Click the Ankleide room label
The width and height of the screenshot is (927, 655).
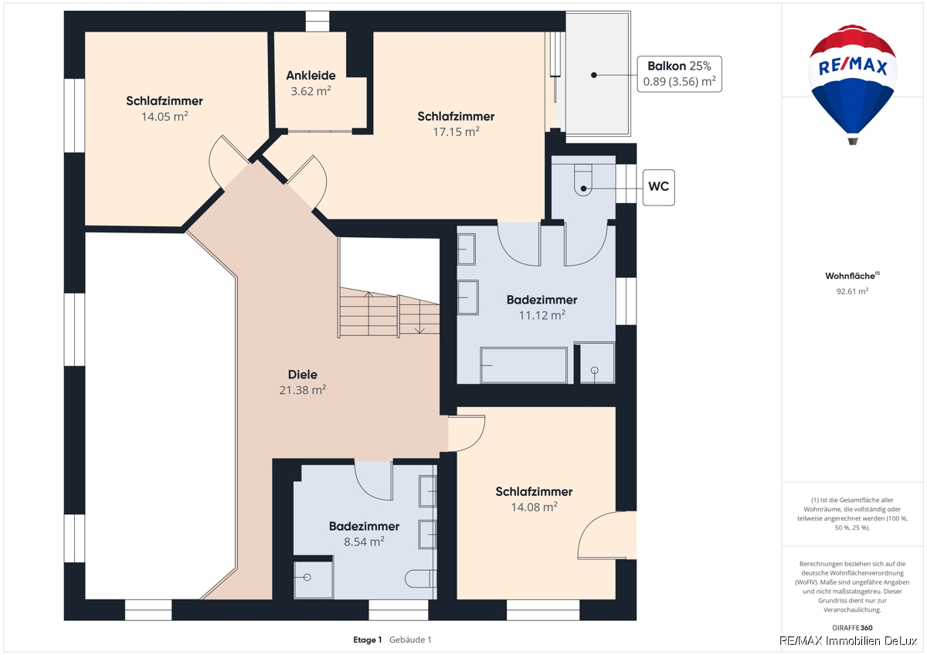pyautogui.click(x=311, y=75)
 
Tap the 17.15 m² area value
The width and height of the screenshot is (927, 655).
pyautogui.click(x=456, y=131)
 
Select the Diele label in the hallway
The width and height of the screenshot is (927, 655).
pyautogui.click(x=303, y=375)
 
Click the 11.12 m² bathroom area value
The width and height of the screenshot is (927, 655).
pyautogui.click(x=542, y=315)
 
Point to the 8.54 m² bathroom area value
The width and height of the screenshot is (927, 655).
pyautogui.click(x=364, y=541)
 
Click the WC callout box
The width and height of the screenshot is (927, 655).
pyautogui.click(x=658, y=188)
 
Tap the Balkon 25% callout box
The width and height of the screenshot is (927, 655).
pyautogui.click(x=679, y=74)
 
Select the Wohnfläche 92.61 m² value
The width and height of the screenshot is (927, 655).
pyautogui.click(x=852, y=291)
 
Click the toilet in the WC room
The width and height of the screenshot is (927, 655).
pyautogui.click(x=583, y=180)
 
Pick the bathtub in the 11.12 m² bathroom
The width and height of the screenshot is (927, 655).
pyautogui.click(x=524, y=365)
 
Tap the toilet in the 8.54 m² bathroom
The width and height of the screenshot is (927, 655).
pyautogui.click(x=420, y=579)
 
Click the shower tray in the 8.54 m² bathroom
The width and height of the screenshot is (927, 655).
pyautogui.click(x=314, y=579)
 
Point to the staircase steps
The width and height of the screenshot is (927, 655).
pyautogui.click(x=389, y=313)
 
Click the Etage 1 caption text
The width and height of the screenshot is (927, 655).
pyautogui.click(x=368, y=640)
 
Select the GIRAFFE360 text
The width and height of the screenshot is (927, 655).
pyautogui.click(x=852, y=628)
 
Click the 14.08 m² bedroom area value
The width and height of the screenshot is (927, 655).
pyautogui.click(x=535, y=507)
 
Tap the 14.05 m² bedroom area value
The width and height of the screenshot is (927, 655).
pyautogui.click(x=165, y=117)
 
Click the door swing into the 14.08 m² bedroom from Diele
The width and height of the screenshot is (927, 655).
pyautogui.click(x=467, y=433)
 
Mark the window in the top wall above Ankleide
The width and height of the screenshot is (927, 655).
pyautogui.click(x=317, y=21)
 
